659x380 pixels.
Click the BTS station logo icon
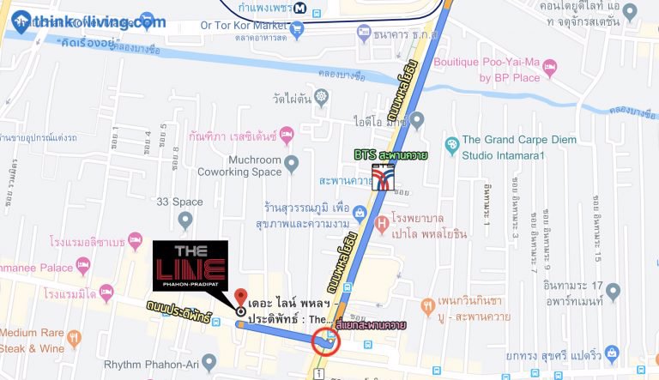(384, 178)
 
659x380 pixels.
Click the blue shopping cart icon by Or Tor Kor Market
(298, 27)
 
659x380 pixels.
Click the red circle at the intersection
(326, 342)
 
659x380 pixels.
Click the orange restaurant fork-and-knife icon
(427, 306)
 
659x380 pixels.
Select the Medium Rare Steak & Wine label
(33, 341)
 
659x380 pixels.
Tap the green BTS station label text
(393, 155)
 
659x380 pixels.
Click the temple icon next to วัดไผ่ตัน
(322, 96)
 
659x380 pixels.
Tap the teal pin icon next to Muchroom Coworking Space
(292, 162)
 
